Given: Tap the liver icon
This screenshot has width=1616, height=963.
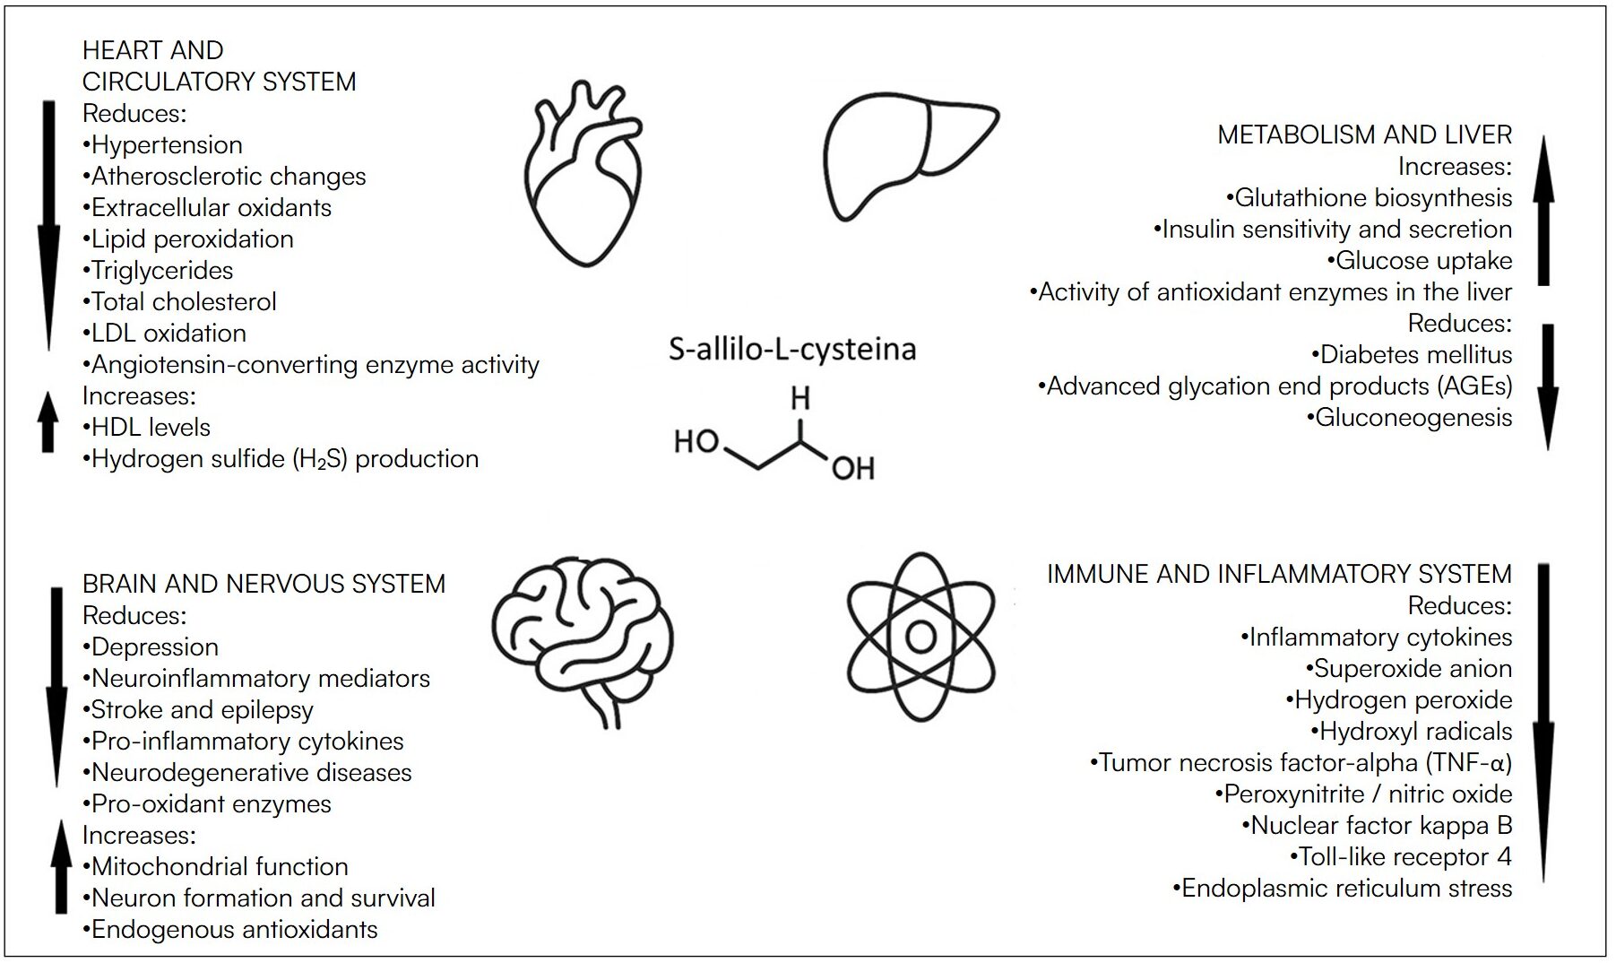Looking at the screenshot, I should (x=909, y=158).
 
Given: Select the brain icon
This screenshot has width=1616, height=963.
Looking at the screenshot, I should (x=583, y=638).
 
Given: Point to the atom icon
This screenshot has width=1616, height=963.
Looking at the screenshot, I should (x=920, y=637).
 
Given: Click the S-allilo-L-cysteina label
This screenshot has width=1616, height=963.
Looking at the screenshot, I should (x=792, y=349).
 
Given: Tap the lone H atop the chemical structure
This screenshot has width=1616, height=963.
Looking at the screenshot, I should (x=800, y=398).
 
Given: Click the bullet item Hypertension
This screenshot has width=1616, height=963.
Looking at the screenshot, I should (x=162, y=145).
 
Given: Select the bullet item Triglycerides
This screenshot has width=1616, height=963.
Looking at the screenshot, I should (x=158, y=271).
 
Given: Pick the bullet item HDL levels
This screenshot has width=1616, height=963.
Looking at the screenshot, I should (x=147, y=428).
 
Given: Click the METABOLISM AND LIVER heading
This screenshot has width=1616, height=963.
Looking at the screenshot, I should (x=1364, y=134).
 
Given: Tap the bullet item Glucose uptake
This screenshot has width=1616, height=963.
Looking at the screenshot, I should (x=1420, y=261).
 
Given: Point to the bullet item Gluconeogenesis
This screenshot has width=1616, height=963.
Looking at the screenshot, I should (x=1409, y=418).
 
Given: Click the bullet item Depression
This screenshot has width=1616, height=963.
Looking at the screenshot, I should (x=151, y=647).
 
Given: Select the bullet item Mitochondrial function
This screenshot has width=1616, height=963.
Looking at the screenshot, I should (x=215, y=867).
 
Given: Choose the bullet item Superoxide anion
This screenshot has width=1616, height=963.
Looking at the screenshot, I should (x=1408, y=669).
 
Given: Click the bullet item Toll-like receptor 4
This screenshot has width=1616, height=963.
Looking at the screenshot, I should (x=1401, y=857).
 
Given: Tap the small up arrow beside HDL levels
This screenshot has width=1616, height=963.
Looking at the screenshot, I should (x=48, y=421).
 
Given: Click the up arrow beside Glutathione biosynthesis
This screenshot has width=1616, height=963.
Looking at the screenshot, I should (x=1543, y=211).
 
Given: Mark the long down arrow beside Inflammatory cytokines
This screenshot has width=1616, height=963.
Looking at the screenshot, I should (x=1543, y=722).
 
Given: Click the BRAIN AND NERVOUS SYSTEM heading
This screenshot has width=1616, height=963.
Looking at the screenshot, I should (x=264, y=584).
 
